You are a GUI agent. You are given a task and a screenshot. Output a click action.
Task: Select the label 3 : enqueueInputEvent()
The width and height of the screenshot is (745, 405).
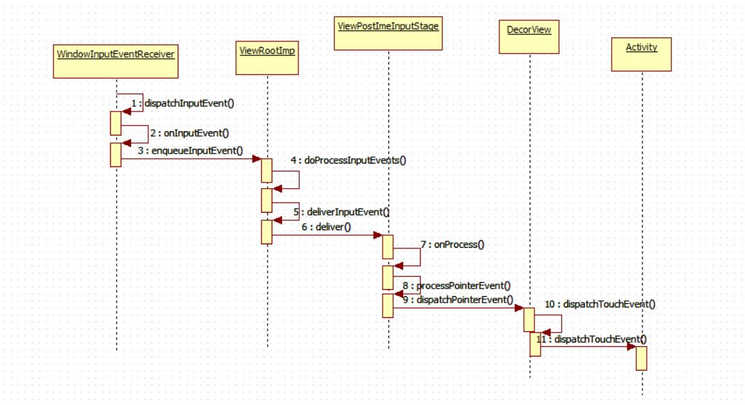pyautogui.click(x=190, y=150)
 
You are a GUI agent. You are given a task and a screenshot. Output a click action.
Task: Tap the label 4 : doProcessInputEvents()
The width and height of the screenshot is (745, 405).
pyautogui.click(x=349, y=160)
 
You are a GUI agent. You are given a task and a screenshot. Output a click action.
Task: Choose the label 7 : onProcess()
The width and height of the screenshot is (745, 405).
pyautogui.click(x=454, y=245)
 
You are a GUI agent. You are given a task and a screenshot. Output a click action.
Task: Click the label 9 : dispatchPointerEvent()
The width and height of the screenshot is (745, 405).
pyautogui.click(x=456, y=300)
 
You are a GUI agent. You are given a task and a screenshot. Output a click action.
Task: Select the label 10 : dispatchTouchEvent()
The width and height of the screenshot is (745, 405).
pyautogui.click(x=601, y=304)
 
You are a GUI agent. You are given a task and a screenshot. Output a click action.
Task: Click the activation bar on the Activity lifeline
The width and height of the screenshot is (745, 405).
pyautogui.click(x=641, y=358)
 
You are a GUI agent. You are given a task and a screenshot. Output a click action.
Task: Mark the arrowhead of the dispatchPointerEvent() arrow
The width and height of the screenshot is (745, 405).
pyautogui.click(x=520, y=307)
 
